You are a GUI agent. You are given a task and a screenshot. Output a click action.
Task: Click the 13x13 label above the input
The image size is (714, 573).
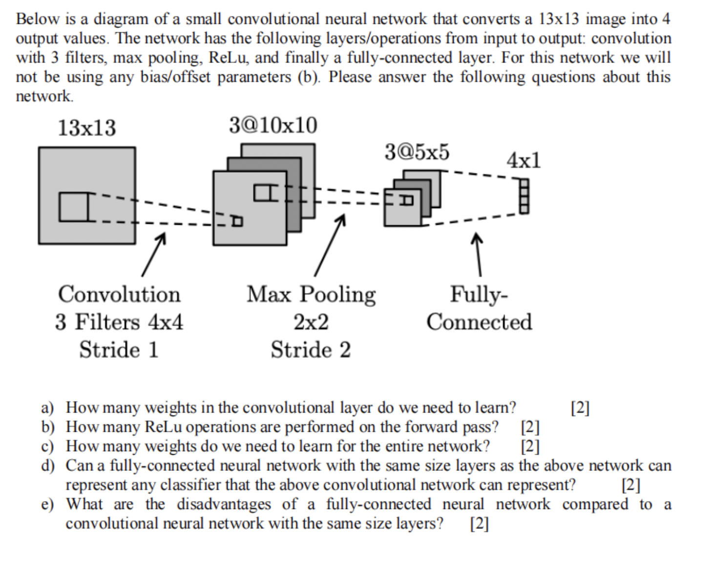point(87,128)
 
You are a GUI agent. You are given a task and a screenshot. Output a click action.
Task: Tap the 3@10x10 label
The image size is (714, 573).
point(273,126)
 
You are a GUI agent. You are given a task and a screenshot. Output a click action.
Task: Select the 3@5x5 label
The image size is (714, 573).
point(417,152)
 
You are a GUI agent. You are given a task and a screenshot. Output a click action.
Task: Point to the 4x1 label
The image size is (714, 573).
point(524,160)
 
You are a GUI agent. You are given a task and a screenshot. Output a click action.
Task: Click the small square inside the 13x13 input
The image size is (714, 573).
point(74,207)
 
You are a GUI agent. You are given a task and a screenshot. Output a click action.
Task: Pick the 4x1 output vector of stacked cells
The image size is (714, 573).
point(524,196)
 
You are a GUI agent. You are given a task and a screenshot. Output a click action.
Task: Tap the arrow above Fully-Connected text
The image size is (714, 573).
point(478,254)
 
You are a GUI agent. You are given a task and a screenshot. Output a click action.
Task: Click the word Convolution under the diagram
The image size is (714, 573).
point(119,294)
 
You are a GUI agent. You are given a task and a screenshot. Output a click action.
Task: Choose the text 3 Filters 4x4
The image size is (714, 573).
point(119,322)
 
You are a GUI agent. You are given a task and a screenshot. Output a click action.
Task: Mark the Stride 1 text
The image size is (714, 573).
point(119,350)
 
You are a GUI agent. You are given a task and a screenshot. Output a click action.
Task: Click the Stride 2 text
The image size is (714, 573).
point(311,350)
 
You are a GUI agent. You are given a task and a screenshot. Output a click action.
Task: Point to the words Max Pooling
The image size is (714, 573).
point(311,295)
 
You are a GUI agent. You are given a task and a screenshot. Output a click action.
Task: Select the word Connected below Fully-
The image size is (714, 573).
point(479,322)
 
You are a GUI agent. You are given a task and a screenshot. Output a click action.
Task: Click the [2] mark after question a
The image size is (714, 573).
point(580,407)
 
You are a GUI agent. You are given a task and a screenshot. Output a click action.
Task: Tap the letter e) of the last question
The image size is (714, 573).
point(47,505)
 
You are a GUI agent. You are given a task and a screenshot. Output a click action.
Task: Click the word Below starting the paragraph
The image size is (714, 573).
point(37,19)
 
